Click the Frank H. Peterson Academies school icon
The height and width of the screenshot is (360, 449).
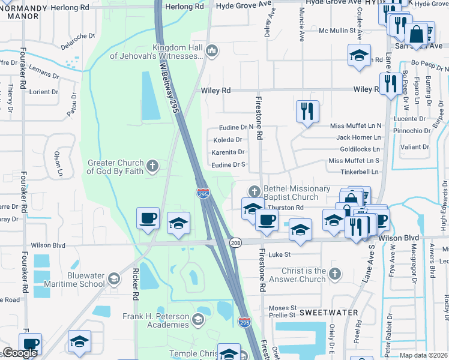point(198,319)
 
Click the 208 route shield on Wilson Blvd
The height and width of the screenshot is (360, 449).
point(236,241)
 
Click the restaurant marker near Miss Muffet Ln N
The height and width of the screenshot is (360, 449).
point(307,112)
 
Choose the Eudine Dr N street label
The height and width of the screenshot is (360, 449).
point(232,127)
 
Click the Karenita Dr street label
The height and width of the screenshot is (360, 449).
point(229,152)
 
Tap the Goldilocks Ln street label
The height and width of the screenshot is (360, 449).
point(360,149)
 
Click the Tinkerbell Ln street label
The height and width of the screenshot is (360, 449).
point(360,172)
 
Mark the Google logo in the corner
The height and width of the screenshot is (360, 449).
point(19,353)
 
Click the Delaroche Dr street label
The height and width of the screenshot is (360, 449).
point(79,40)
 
